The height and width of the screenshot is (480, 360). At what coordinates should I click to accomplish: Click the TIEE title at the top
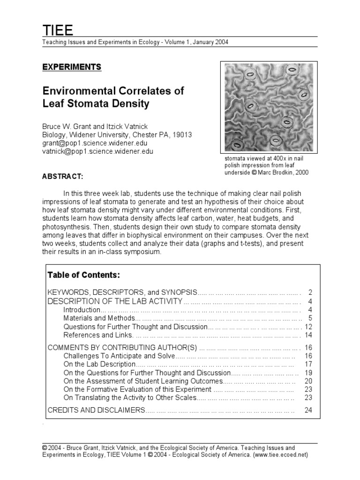tap(58, 31)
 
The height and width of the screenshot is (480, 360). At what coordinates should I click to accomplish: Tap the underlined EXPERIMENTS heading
tap(72, 67)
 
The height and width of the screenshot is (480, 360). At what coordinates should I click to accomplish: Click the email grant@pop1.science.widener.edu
tap(97, 143)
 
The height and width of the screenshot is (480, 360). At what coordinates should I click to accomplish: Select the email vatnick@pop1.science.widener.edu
tap(97, 151)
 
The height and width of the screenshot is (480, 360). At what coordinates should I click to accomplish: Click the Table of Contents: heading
tap(83, 275)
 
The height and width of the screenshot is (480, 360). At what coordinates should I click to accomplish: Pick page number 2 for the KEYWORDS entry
tap(310, 292)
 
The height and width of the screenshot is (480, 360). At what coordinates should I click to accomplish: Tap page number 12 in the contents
tap(308, 327)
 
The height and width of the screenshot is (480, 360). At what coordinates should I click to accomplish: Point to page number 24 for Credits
tap(308, 410)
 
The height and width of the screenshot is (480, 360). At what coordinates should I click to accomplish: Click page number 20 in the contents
tap(308, 381)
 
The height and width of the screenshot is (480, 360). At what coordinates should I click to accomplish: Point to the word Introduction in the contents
tap(82, 310)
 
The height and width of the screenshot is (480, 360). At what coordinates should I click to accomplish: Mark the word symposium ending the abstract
tap(144, 252)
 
